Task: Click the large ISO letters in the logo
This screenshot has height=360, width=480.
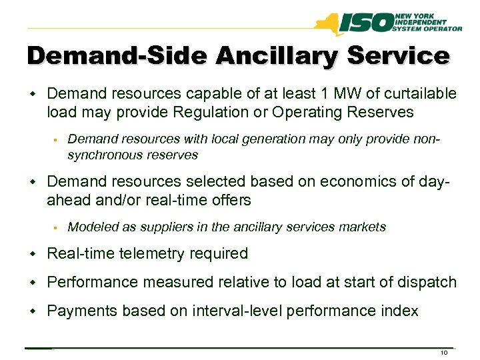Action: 370,25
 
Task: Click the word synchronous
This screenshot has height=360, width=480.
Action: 101,155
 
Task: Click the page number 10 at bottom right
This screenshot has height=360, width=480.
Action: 445,353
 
